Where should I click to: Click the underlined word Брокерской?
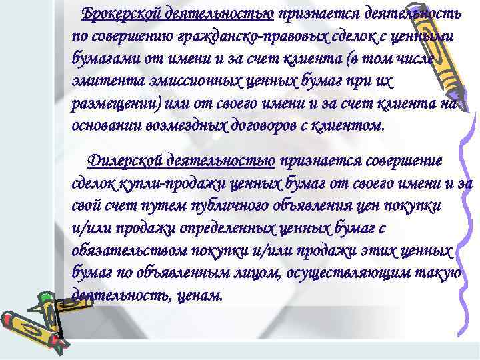(x=119, y=13)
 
